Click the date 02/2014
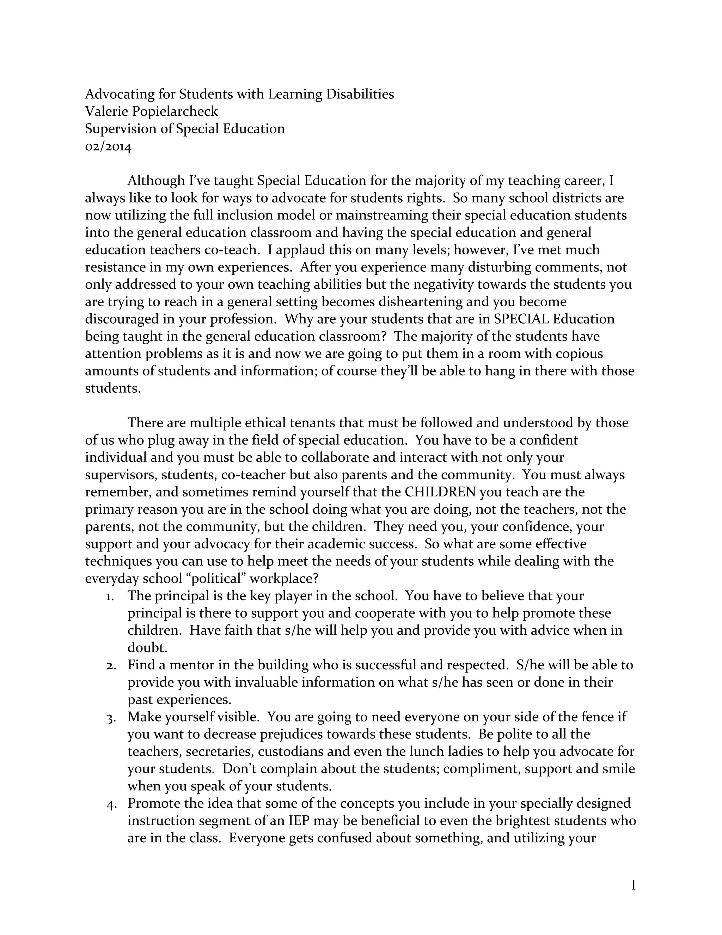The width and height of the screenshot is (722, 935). pyautogui.click(x=108, y=146)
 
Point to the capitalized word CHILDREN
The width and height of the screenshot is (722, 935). pyautogui.click(x=440, y=492)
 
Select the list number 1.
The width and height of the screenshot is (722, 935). pyautogui.click(x=110, y=596)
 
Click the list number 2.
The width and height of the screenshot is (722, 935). pyautogui.click(x=110, y=666)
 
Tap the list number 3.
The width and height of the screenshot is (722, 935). pyautogui.click(x=110, y=718)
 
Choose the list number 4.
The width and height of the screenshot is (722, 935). pyautogui.click(x=110, y=804)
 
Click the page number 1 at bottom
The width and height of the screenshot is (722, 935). pyautogui.click(x=634, y=885)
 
